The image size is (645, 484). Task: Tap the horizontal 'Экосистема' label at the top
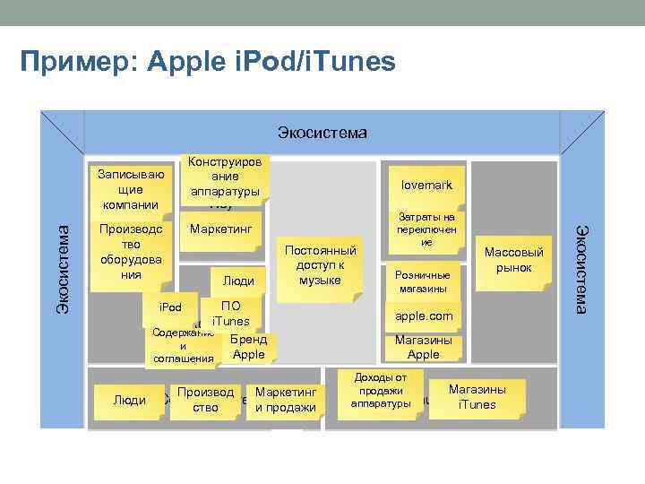pos(322,134)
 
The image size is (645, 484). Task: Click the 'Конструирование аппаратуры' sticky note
pos(225,178)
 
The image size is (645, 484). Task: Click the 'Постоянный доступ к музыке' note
pos(320,265)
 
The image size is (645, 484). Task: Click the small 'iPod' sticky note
pos(170,309)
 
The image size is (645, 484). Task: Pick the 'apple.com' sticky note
pos(424,316)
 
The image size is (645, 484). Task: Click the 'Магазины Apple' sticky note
pos(423,347)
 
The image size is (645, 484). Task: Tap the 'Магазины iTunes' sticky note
pos(477,397)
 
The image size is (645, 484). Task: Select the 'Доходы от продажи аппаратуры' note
pos(381,391)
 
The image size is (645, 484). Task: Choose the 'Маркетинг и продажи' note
pos(285,400)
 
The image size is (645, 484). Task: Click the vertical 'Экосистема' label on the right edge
pos(580,270)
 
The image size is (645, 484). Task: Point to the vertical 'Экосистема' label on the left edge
pos(63,270)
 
